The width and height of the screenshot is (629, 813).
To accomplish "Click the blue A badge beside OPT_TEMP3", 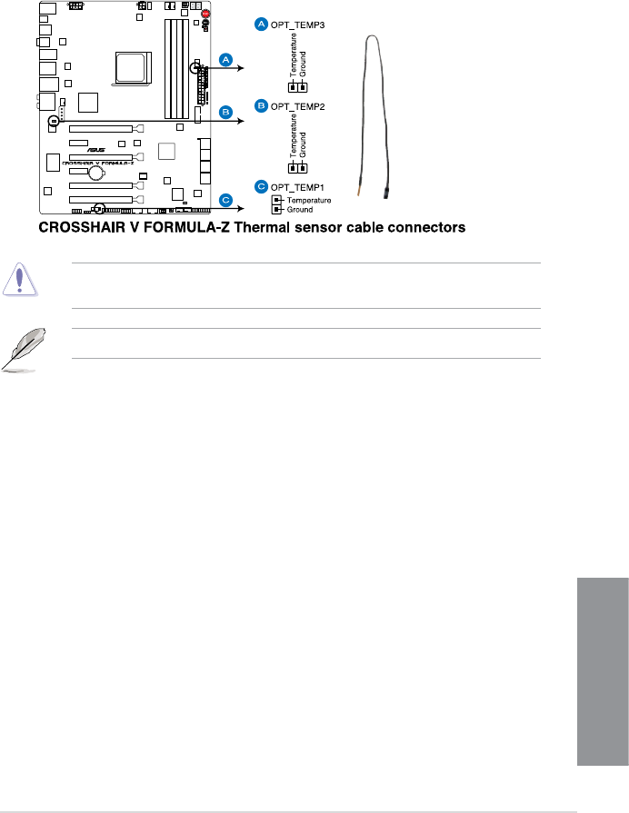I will [261, 25].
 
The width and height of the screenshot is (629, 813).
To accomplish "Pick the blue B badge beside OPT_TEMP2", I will [261, 106].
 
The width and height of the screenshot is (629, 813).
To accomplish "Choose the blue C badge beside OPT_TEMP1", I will [261, 186].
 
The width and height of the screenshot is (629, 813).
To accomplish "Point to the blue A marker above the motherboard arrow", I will [226, 60].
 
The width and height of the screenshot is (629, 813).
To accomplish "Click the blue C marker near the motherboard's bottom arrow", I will [226, 199].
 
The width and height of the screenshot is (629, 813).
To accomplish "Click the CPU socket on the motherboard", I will [129, 67].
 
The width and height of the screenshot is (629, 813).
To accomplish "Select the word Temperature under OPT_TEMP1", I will [308, 199].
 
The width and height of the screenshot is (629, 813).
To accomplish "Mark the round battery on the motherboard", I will [95, 171].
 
